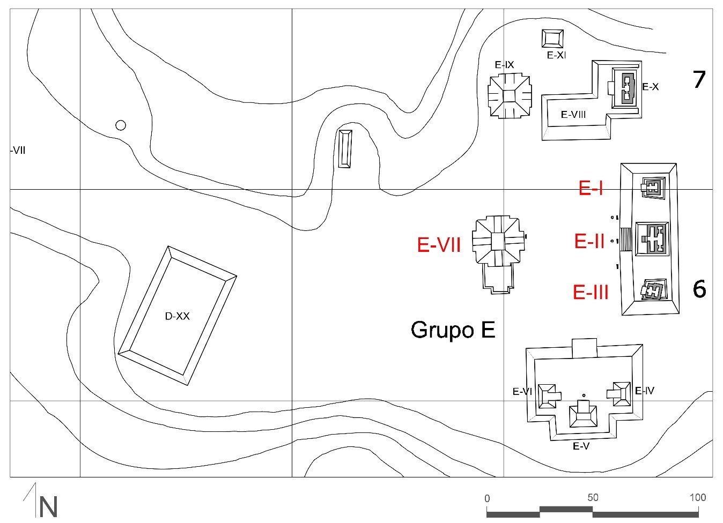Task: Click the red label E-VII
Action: tap(439, 245)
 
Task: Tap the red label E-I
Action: tap(591, 188)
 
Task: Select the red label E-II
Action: tap(589, 241)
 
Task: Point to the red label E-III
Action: tap(591, 292)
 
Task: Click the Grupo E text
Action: tap(453, 330)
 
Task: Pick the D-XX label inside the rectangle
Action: tap(177, 316)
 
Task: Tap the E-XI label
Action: tap(556, 55)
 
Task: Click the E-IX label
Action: tap(504, 65)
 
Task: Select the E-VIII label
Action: tap(573, 114)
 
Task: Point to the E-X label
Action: tap(650, 87)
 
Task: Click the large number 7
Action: tap(698, 80)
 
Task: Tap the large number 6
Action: tap(699, 289)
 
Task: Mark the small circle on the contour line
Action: tap(121, 125)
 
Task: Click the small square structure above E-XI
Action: tap(552, 39)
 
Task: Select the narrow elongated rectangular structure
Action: tap(345, 149)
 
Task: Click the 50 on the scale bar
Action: tap(592, 497)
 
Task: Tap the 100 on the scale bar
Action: tap(697, 497)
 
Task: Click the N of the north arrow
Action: tap(48, 507)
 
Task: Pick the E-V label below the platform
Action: tap(581, 446)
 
